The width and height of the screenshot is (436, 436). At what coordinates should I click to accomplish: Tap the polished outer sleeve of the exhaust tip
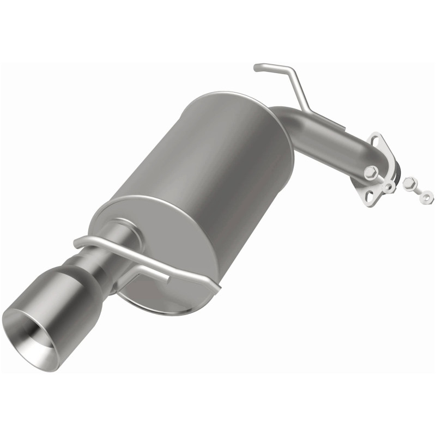[x=52, y=305]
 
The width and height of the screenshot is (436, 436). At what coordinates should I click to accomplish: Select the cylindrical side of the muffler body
[x=218, y=163]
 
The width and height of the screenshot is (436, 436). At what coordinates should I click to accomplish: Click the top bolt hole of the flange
[x=375, y=138]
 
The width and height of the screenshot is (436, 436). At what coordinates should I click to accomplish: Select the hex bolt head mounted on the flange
[x=369, y=172]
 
